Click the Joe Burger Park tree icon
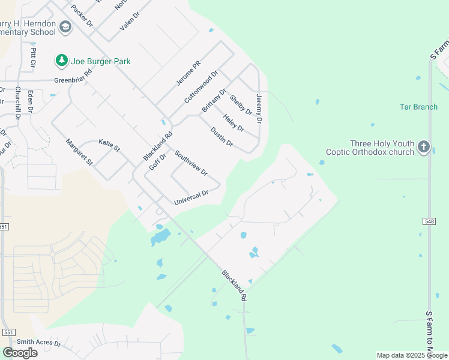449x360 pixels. (61, 60)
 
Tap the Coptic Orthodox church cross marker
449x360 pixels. (424, 147)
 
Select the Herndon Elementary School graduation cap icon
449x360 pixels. (65, 27)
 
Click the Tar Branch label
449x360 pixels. (418, 107)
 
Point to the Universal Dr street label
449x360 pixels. (191, 197)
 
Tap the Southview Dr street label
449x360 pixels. (191, 163)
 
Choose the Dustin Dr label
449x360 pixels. (221, 136)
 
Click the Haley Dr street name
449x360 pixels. (234, 123)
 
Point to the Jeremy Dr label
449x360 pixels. (259, 109)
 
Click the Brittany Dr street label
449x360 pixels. (214, 100)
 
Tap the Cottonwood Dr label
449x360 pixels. (200, 87)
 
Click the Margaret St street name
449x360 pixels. (79, 152)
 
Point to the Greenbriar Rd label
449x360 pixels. (73, 77)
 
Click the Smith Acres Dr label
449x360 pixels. (39, 343)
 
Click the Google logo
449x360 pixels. (20, 353)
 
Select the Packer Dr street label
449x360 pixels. (82, 16)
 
